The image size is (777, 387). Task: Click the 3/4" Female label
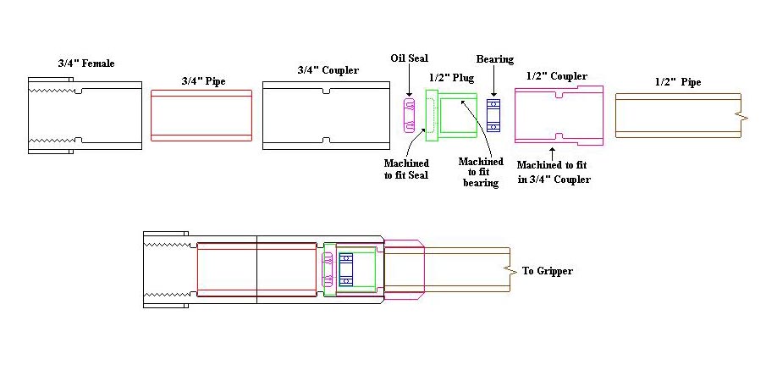[85, 64]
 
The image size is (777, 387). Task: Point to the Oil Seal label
[409, 58]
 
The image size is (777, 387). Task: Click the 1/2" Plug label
[451, 78]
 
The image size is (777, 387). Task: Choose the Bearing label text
[494, 59]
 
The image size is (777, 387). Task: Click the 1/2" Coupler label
[556, 76]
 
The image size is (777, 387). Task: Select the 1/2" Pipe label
[677, 82]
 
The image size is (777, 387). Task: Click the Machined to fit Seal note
[406, 169]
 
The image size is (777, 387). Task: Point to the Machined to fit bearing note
[480, 172]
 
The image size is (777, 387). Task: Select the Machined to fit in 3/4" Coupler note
[553, 173]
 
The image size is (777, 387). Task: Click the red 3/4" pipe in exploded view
[201, 114]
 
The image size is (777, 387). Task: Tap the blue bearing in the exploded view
[493, 115]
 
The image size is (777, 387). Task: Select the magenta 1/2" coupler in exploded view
[558, 114]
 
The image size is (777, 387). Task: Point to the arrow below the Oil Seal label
[408, 82]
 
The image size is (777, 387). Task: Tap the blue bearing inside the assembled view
[345, 268]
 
